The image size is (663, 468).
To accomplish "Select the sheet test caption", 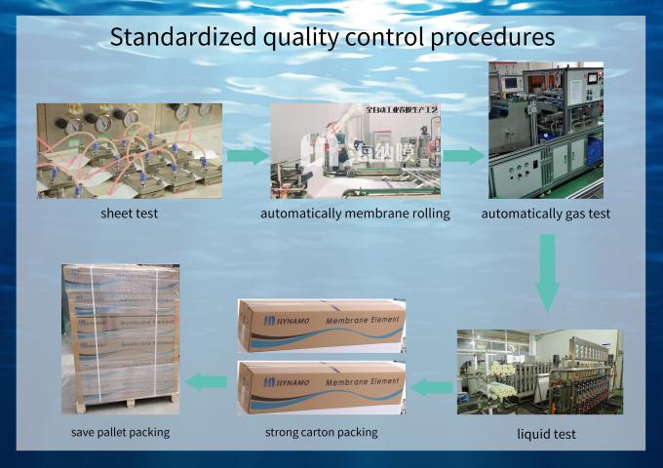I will [129, 214].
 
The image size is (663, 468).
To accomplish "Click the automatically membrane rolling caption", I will [355, 214].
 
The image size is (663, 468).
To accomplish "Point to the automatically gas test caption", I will [546, 214].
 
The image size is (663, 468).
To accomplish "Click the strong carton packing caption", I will [322, 431].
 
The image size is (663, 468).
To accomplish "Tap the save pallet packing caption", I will [120, 431].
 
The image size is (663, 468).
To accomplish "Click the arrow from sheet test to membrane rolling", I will [248, 155].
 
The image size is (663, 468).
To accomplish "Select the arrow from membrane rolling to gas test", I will [464, 155].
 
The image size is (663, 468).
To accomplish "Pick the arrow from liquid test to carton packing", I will [430, 388].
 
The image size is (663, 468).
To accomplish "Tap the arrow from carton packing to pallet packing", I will [207, 380].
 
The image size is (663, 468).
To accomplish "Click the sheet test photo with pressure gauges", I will [129, 150].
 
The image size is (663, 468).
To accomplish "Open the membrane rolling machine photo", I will [355, 150].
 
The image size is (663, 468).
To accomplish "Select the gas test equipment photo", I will [545, 130].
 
